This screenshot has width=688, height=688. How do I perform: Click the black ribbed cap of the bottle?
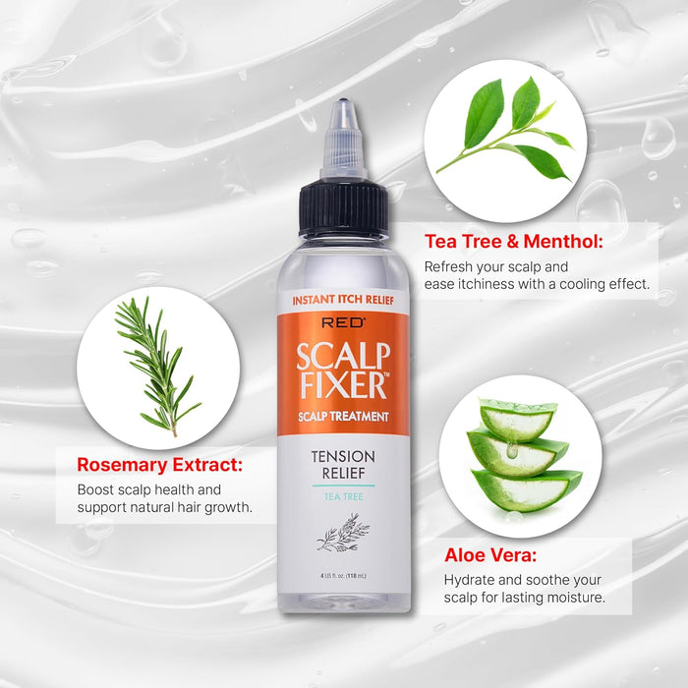pos(344,208)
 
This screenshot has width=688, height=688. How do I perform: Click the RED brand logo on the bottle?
pos(343,323)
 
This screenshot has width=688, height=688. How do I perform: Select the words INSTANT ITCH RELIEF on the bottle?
pos(343,300)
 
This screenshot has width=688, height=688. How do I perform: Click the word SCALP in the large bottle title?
pos(343,356)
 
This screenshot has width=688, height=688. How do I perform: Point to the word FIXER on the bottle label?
pos(343,385)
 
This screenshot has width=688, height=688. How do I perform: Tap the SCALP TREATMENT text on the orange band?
pos(343,417)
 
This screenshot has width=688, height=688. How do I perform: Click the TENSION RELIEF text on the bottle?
pos(343,465)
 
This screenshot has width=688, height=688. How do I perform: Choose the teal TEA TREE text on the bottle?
pos(344,496)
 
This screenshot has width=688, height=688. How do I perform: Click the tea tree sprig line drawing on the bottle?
pos(343,533)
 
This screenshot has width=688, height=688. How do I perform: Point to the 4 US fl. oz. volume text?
pos(343,576)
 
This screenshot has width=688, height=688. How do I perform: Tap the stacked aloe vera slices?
pos(524,455)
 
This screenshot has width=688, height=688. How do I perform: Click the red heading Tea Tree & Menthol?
pos(514,242)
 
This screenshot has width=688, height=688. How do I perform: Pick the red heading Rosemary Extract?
pos(159,465)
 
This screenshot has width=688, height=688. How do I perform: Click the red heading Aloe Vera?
pos(490,555)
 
